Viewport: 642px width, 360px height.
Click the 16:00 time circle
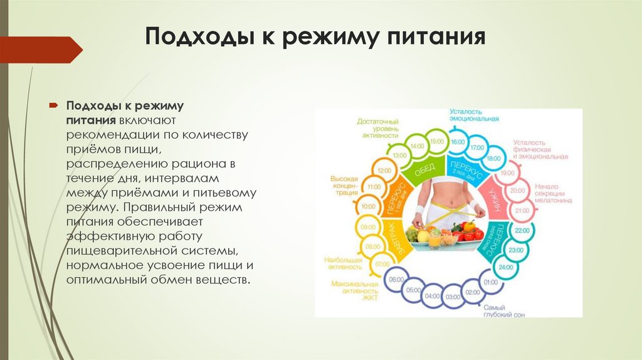click(458, 142)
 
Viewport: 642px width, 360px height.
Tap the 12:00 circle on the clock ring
click(384, 170)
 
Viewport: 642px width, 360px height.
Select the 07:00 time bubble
click(382, 264)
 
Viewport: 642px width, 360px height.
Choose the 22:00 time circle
click(520, 231)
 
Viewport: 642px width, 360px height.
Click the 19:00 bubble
click(508, 172)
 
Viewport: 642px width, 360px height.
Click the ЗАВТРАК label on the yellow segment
click(388, 231)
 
